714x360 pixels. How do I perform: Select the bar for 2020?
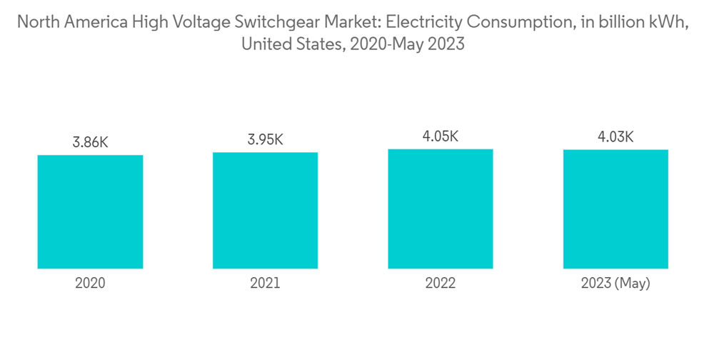(x=90, y=212)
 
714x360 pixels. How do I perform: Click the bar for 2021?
(x=265, y=211)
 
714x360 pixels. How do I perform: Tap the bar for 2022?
(x=441, y=209)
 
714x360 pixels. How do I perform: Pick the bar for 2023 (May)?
(x=615, y=209)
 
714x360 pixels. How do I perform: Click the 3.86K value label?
(x=90, y=143)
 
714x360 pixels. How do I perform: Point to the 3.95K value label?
(x=265, y=140)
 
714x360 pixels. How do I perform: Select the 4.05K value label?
(x=441, y=136)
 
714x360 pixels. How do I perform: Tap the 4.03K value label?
(x=615, y=137)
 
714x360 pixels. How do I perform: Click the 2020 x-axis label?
(x=90, y=284)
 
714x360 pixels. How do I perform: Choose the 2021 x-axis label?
(x=265, y=284)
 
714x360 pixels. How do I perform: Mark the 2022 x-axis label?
(x=441, y=284)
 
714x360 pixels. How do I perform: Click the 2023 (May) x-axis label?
(x=615, y=284)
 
